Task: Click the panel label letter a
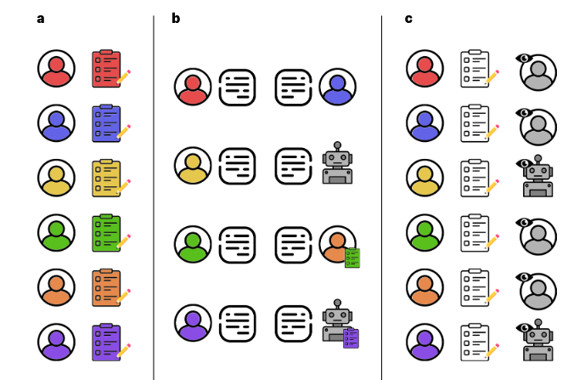41,19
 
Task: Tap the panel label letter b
176,19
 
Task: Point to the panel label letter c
408,19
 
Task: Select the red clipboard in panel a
107,69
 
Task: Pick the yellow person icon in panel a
56,178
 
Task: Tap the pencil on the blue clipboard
124,132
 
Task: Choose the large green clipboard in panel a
107,232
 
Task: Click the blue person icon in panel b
338,87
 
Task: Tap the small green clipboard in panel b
352,258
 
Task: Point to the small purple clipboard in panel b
351,337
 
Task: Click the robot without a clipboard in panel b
337,164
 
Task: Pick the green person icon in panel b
193,244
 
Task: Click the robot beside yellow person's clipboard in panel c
537,179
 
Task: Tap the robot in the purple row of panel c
537,343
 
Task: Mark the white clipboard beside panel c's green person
475,233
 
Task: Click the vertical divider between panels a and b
154,196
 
